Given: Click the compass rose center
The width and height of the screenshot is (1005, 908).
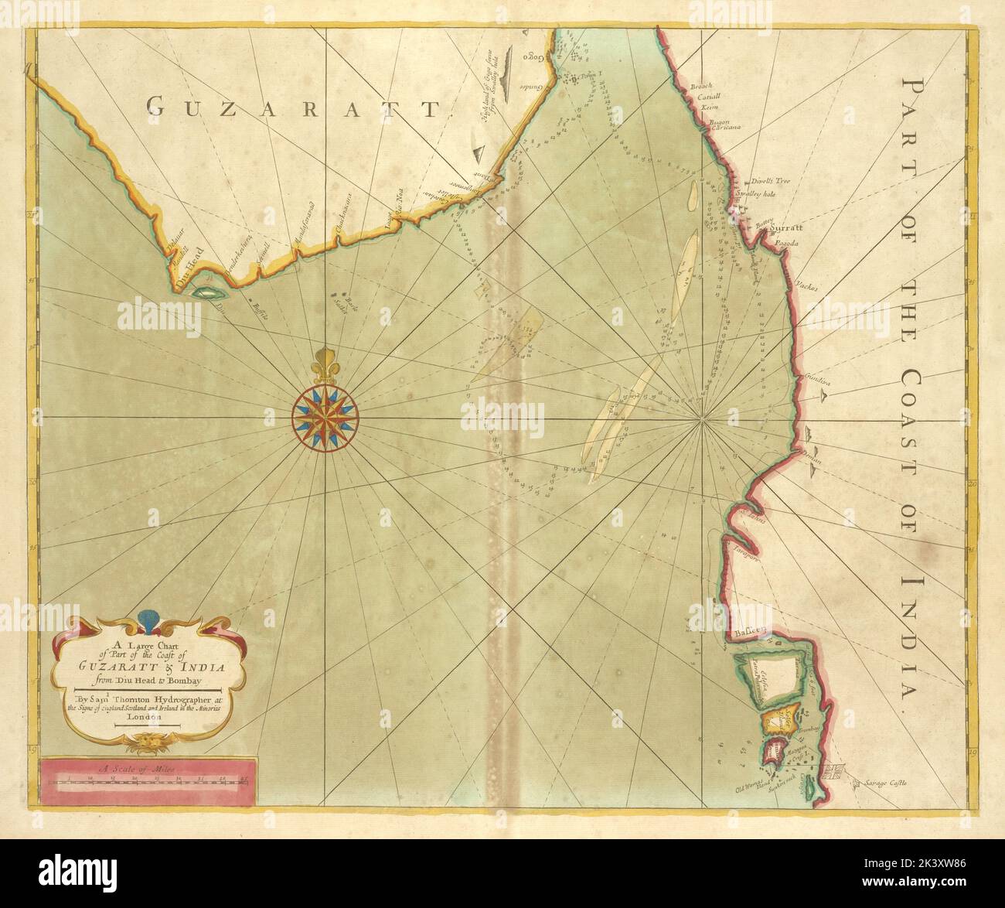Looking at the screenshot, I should click(x=325, y=418).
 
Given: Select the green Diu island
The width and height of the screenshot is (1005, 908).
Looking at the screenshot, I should click(x=206, y=294).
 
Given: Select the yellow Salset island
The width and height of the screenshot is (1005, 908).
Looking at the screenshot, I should click(x=778, y=721).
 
